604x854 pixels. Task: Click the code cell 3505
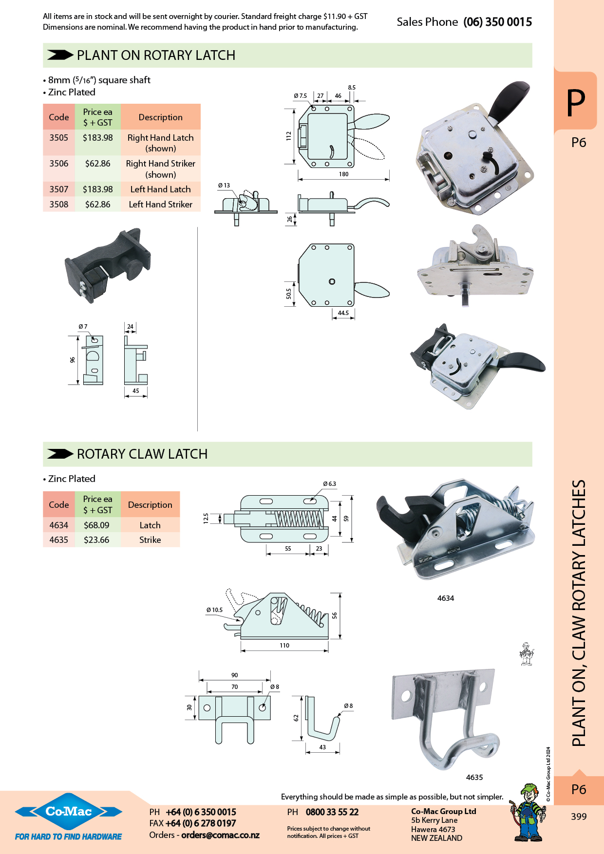coord(58,138)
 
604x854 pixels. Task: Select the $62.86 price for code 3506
coord(97,164)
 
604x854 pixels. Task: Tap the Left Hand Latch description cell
coord(160,189)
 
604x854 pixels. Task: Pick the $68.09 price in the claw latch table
coord(96,525)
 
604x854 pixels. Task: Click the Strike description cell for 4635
coord(150,540)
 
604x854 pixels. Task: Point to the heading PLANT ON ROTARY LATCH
coord(156,56)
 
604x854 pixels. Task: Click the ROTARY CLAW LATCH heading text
coord(142,454)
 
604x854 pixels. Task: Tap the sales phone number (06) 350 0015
coord(497,22)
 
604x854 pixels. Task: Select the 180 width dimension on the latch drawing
coord(343,174)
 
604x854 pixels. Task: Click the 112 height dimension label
coord(288,136)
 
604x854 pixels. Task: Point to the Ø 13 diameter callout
coord(224,186)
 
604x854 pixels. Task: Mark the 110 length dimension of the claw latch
coord(284,646)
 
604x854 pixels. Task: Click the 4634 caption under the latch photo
coord(445,598)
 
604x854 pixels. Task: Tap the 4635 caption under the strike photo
coord(474,778)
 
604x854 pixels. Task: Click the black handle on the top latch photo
coord(509,100)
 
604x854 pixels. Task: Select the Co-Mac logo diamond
coord(69,812)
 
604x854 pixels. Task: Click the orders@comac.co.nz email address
coord(220,835)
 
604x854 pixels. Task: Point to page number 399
coord(579,817)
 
